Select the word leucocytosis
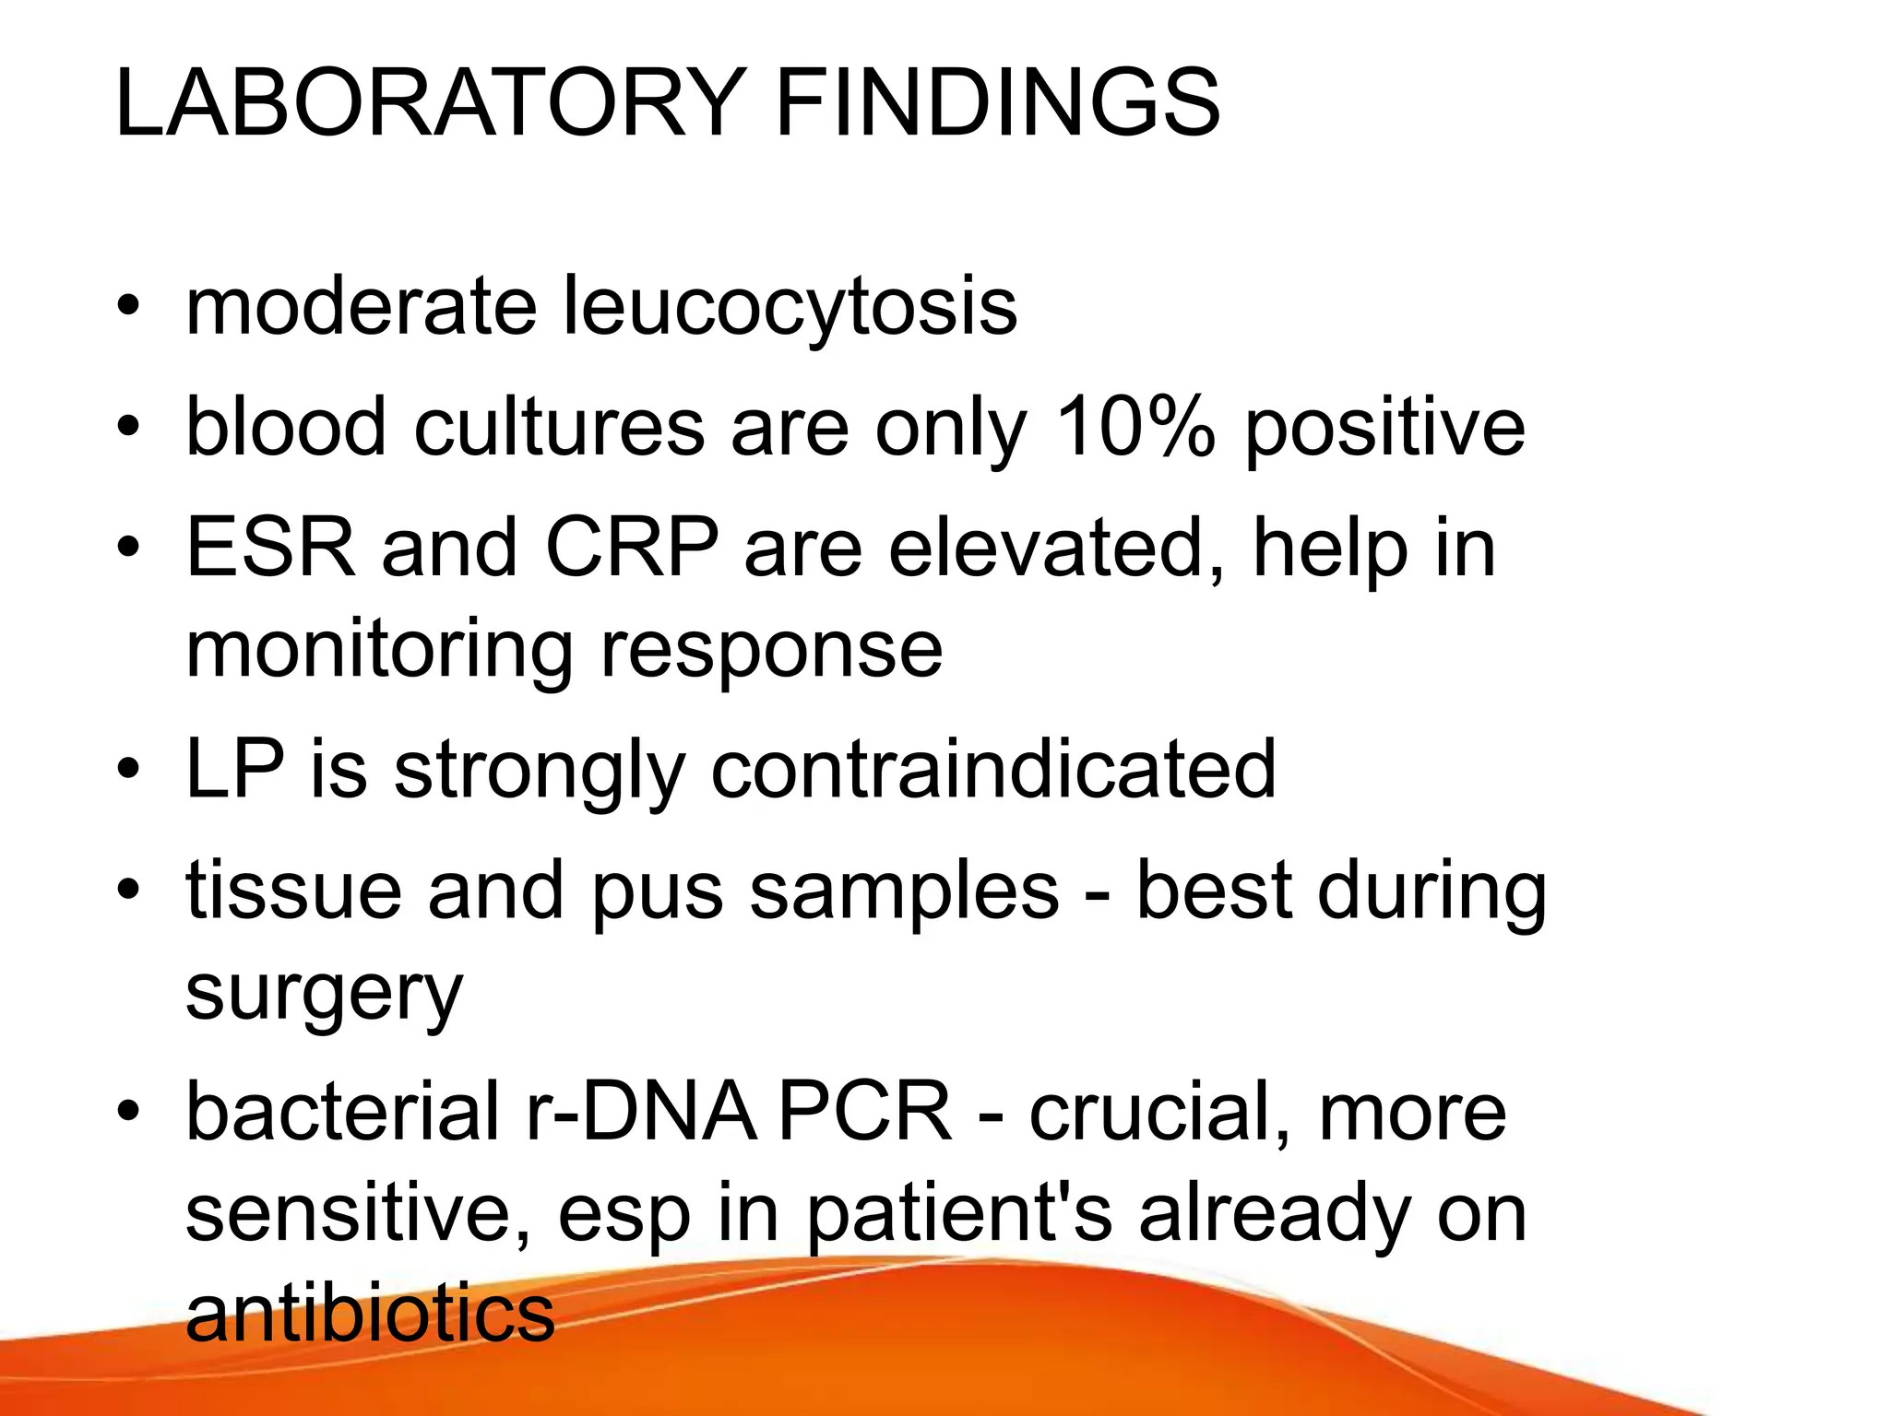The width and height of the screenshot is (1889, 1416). [790, 307]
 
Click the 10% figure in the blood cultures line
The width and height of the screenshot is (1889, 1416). [1135, 427]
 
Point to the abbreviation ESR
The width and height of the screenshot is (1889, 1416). [270, 548]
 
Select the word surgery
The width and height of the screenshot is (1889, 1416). [324, 994]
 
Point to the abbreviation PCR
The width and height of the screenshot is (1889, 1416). [864, 1112]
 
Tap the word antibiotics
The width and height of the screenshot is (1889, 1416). [370, 1313]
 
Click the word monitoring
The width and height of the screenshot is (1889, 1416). [379, 651]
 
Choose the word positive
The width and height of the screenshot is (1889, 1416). [1384, 427]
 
